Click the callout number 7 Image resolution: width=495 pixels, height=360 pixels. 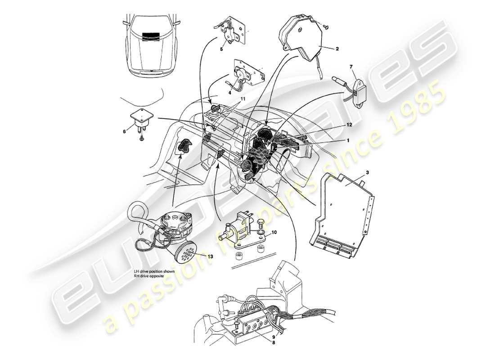click(x=351, y=67)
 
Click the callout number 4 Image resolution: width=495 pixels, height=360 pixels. click(x=229, y=93)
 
